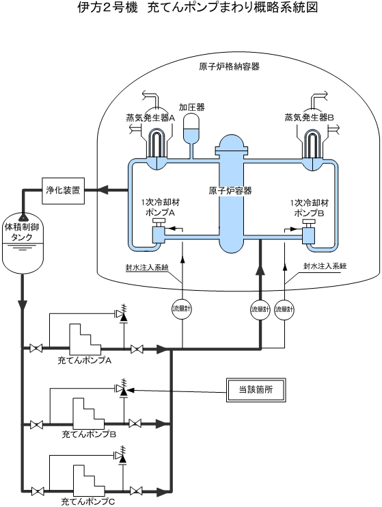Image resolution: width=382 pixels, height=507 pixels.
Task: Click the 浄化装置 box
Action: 64,191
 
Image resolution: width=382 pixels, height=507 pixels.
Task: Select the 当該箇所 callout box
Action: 256,389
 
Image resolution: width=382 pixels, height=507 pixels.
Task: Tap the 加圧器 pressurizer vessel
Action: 191,129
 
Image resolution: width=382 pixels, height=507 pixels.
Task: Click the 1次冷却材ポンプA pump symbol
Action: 159,231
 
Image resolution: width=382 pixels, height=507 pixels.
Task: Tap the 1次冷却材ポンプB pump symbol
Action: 308,232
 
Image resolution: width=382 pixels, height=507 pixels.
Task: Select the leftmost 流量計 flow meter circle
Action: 182,309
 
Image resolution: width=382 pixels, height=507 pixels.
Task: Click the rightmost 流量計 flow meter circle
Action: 284,309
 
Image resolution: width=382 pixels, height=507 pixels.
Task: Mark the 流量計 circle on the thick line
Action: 260,309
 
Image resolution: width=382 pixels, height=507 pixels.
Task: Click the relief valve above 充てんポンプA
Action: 122,313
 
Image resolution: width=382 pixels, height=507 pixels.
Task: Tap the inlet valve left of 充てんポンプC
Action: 38,492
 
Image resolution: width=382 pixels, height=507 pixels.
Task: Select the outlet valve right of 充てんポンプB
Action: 135,424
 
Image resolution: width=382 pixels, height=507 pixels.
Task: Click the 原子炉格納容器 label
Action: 229,67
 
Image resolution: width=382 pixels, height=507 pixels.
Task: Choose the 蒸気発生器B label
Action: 309,118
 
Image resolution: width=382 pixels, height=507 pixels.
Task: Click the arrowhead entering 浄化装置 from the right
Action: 103,190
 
